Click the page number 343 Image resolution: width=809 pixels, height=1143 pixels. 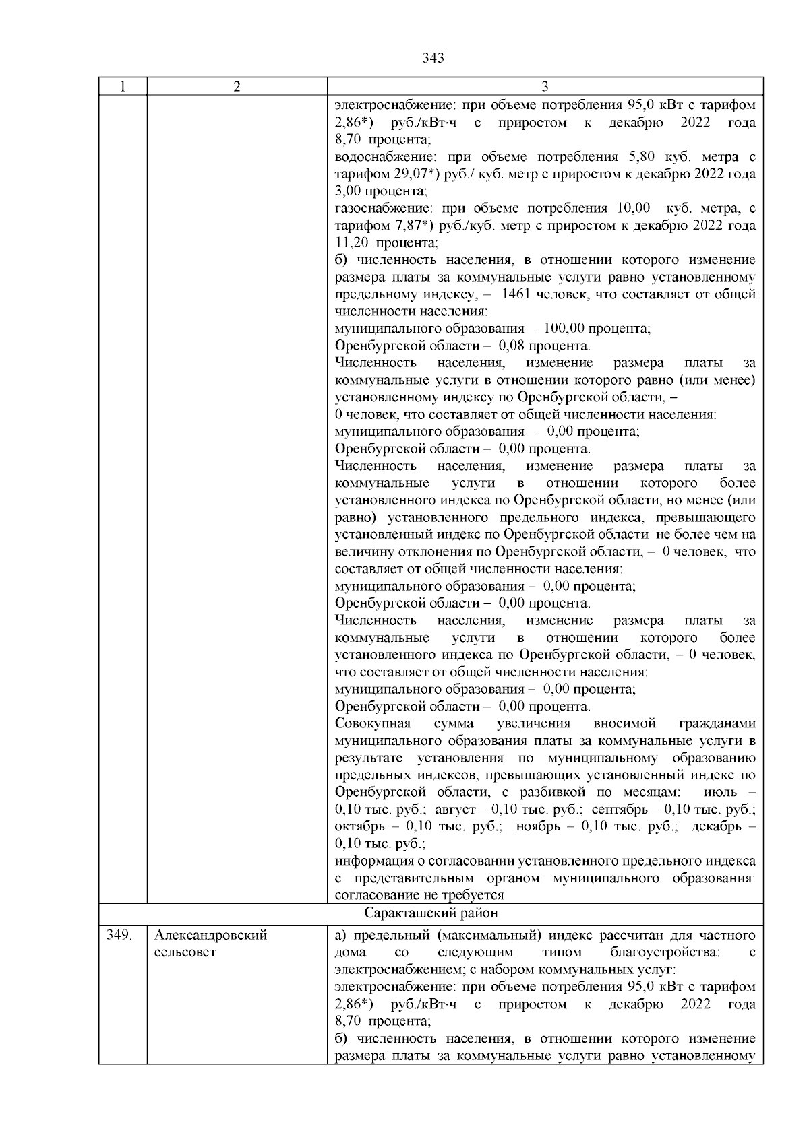[433, 58]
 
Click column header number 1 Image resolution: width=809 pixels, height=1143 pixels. [122, 87]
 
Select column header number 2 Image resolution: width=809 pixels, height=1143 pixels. [237, 87]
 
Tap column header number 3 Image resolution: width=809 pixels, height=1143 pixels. [545, 87]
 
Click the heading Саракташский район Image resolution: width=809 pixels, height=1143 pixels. [431, 913]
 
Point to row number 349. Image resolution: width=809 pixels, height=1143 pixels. [119, 936]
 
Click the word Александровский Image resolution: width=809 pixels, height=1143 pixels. [210, 936]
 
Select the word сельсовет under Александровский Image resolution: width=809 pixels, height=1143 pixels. [185, 952]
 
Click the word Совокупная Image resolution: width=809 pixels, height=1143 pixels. [373, 724]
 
